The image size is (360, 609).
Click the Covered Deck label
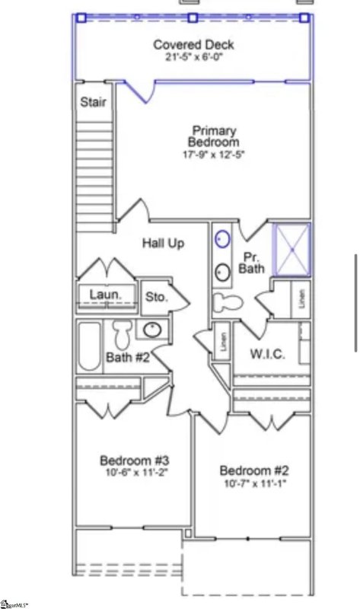[193, 45]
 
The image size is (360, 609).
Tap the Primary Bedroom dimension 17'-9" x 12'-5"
[214, 155]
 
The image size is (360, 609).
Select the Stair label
[94, 102]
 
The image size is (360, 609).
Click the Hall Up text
[164, 243]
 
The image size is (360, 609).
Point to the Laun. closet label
[102, 294]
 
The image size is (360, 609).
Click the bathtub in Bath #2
[90, 346]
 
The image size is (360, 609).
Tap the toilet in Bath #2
[122, 335]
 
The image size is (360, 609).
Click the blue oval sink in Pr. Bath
[221, 239]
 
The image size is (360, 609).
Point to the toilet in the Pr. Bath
[228, 301]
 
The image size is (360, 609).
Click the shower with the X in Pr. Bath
[292, 248]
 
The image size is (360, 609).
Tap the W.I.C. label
[268, 354]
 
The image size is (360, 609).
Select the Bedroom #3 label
[134, 461]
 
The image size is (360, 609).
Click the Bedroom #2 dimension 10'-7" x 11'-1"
[254, 483]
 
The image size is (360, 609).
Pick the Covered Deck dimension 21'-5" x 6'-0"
[193, 57]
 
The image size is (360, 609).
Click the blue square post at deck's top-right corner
[304, 18]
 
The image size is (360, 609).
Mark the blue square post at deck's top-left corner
[81, 18]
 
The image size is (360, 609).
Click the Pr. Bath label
[250, 263]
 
